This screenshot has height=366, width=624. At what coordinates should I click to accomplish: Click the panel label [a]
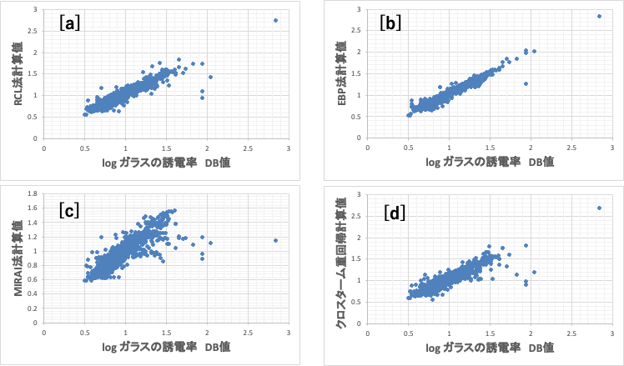[x=70, y=23]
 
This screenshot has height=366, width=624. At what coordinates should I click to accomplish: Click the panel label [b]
[x=391, y=23]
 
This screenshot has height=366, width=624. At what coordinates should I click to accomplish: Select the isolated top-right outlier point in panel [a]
[x=275, y=20]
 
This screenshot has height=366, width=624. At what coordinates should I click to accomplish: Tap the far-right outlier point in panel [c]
[x=275, y=240]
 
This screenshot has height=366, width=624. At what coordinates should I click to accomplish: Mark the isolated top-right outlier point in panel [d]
[x=599, y=208]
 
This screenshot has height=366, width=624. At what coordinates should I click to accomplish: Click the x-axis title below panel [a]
[x=164, y=163]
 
